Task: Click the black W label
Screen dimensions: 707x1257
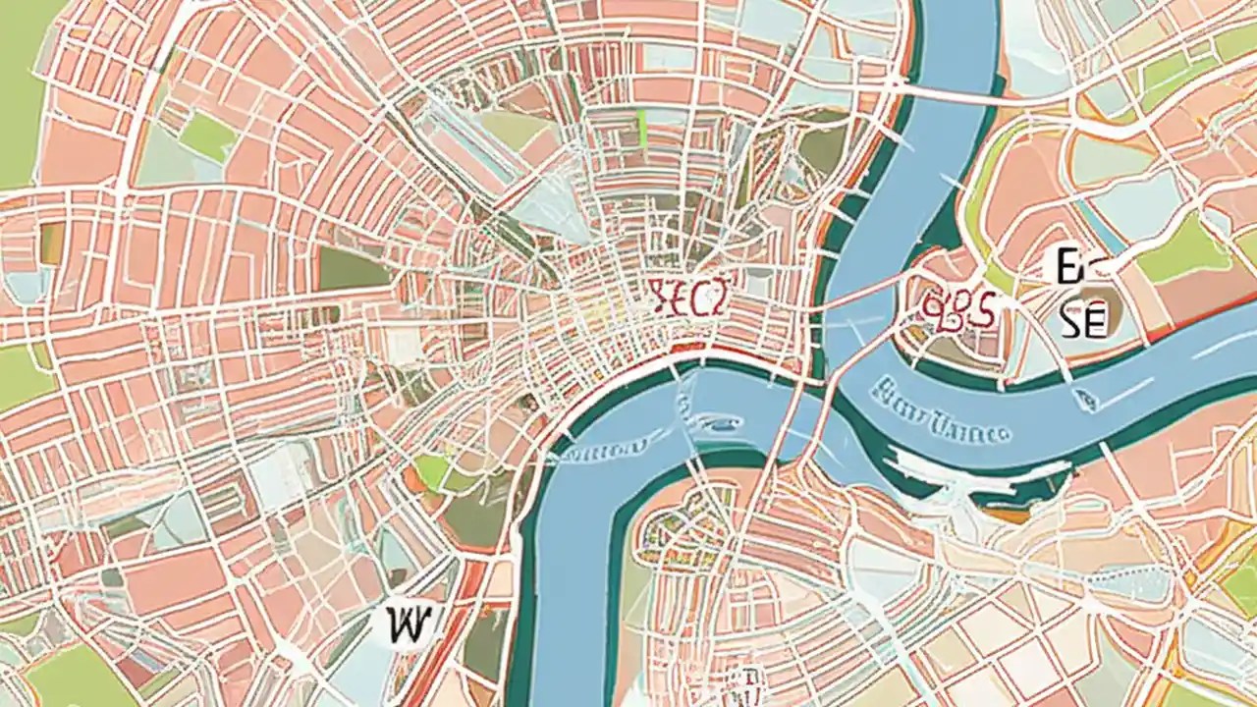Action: click(404, 624)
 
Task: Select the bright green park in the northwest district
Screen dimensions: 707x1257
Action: click(207, 136)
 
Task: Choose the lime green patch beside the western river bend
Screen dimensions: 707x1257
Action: click(431, 471)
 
